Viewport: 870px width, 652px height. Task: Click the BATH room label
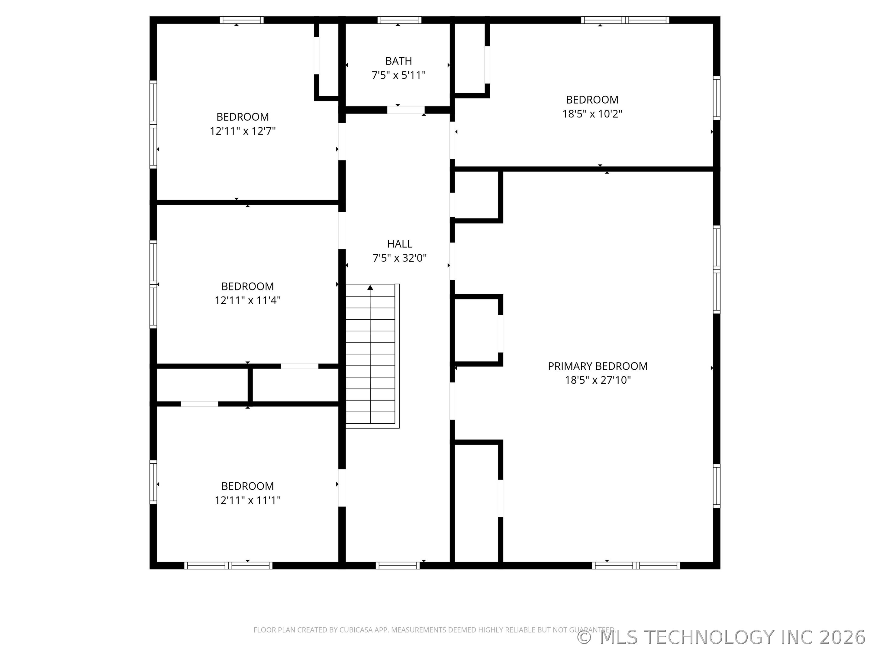[x=398, y=61]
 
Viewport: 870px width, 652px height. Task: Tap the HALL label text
[x=400, y=244]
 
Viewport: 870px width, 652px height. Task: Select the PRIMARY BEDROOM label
[x=598, y=366]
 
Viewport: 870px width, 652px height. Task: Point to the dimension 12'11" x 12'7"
[x=242, y=131]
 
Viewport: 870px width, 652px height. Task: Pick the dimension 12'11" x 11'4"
[x=247, y=301]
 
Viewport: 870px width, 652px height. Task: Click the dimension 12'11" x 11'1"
[x=247, y=500]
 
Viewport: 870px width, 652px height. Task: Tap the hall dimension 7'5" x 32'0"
[x=400, y=258]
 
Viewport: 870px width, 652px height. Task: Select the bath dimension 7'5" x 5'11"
[x=398, y=75]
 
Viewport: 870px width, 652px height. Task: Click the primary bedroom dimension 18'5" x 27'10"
[x=598, y=380]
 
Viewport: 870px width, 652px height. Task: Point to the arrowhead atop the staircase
[x=370, y=288]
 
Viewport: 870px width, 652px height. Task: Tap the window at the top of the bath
[x=400, y=20]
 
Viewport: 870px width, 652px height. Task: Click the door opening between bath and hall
[x=406, y=110]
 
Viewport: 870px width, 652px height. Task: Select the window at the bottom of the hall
[x=398, y=566]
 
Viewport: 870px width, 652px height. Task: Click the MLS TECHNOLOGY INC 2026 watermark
[x=723, y=638]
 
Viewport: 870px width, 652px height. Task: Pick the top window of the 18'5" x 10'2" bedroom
[x=625, y=20]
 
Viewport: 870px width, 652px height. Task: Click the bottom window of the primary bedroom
[x=636, y=566]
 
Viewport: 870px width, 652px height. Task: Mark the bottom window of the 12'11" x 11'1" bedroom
[x=228, y=566]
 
